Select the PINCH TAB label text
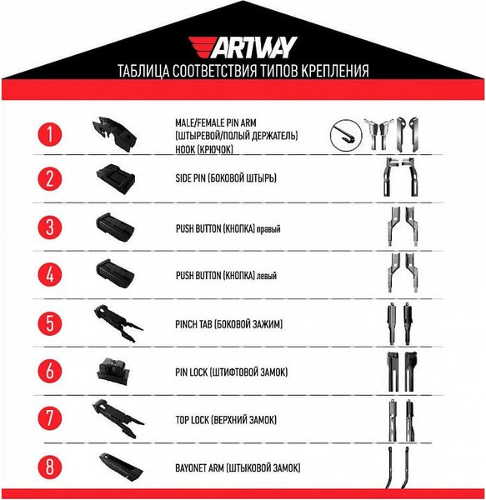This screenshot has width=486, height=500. click(x=226, y=322)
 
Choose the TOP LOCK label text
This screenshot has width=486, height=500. click(x=226, y=418)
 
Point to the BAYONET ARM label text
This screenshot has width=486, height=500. click(x=238, y=467)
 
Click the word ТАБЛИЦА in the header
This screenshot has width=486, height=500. click(x=143, y=71)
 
